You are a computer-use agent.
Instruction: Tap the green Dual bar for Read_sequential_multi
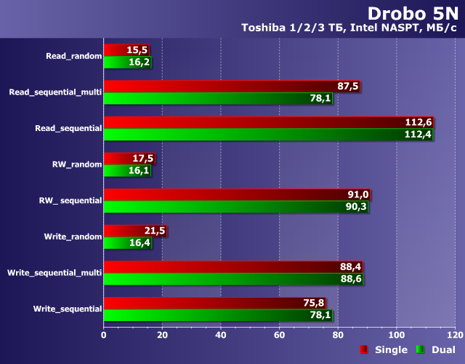click(218, 98)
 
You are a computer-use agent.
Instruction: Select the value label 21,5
click(155, 231)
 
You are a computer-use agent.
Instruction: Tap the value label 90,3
click(358, 207)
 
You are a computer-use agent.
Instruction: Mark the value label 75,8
click(315, 303)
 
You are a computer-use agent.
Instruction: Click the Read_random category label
click(73, 55)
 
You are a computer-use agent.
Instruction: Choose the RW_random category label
click(77, 164)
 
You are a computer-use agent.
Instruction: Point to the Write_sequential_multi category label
click(54, 272)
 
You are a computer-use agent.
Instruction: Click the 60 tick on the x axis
click(279, 335)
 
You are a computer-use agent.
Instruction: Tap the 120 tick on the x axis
click(455, 335)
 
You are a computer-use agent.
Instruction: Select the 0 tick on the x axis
click(104, 335)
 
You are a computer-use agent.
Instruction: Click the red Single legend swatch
click(364, 350)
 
